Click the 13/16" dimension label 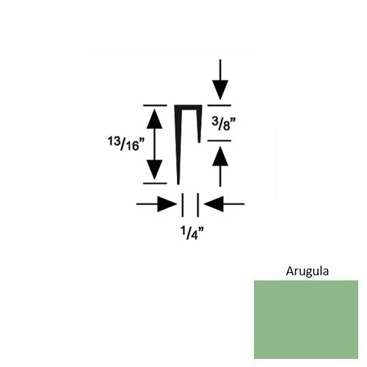(126, 144)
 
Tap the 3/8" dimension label (224, 124)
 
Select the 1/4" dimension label (192, 233)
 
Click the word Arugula (308, 271)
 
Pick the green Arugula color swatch (306, 319)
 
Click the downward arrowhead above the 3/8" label (220, 90)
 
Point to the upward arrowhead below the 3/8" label (220, 156)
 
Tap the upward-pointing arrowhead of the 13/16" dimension (154, 119)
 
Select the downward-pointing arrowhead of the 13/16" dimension (154, 170)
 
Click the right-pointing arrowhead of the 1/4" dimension (167, 203)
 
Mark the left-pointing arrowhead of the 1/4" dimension (214, 203)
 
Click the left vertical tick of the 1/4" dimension (182, 205)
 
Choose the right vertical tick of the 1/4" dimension (198, 205)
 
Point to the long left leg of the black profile (178, 145)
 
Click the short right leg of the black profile (199, 124)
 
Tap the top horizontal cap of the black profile (188, 107)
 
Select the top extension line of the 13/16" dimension (155, 106)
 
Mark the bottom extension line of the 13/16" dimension (155, 183)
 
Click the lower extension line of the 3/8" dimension (219, 141)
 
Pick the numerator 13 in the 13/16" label (113, 141)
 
